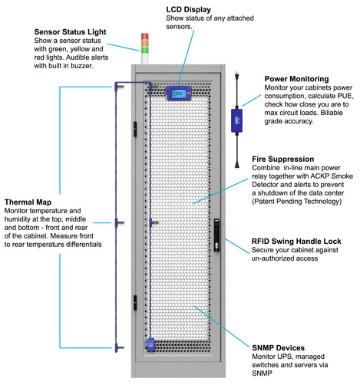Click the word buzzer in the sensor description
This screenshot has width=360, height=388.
(80, 66)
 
